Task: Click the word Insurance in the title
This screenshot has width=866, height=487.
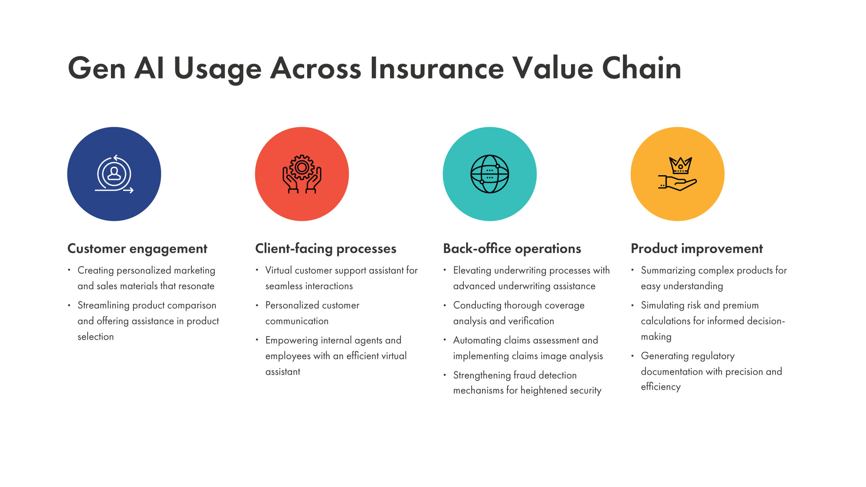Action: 437,69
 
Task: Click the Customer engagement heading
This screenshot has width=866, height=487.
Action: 137,249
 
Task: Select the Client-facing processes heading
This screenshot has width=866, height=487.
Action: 325,249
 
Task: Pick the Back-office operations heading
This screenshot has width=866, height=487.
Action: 512,249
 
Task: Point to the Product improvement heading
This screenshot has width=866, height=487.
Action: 697,249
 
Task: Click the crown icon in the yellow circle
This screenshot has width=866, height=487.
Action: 680,165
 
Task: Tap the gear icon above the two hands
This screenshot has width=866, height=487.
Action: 302,167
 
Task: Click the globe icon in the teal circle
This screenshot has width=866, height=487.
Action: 489,174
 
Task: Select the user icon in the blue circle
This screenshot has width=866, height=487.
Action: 114,173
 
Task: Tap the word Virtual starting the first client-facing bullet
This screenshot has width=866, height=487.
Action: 278,271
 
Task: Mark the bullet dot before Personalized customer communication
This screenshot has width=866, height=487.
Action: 257,305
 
